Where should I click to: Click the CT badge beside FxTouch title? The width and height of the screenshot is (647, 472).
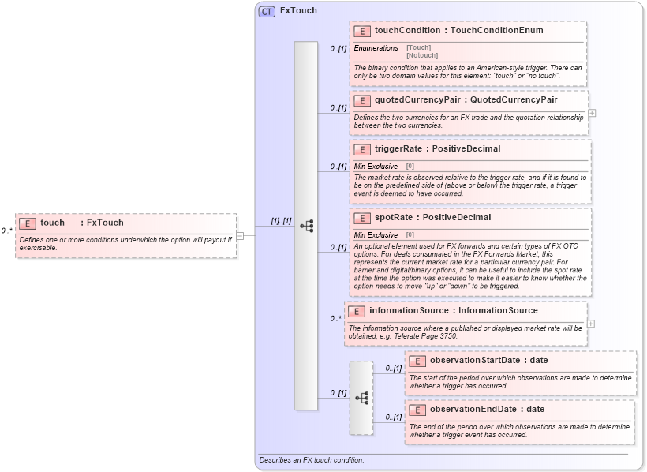pyautogui.click(x=267, y=11)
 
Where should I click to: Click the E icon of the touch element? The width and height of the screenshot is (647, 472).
pyautogui.click(x=28, y=223)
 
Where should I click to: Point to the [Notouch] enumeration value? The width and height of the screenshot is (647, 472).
pyautogui.click(x=422, y=55)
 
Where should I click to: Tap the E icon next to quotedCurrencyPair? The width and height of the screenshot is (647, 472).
pyautogui.click(x=362, y=100)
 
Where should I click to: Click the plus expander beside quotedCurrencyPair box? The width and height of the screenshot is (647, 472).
pyautogui.click(x=592, y=113)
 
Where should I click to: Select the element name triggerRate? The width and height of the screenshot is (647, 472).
pyautogui.click(x=399, y=148)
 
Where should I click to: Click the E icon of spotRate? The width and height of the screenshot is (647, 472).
pyautogui.click(x=362, y=218)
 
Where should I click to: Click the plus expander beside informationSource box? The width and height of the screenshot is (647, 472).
pyautogui.click(x=590, y=324)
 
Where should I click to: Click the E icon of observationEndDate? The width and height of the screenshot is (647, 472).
pyautogui.click(x=417, y=410)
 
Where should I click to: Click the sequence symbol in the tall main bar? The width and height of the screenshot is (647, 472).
pyautogui.click(x=306, y=226)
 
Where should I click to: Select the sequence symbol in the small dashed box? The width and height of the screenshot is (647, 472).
pyautogui.click(x=361, y=398)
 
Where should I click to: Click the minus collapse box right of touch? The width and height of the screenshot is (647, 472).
pyautogui.click(x=240, y=235)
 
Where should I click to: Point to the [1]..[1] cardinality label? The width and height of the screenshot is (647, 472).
pyautogui.click(x=281, y=221)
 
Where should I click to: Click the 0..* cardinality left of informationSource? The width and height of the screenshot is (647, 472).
pyautogui.click(x=335, y=319)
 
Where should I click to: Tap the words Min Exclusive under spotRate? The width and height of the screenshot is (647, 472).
pyautogui.click(x=376, y=235)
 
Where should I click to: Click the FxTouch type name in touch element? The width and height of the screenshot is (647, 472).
pyautogui.click(x=105, y=223)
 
